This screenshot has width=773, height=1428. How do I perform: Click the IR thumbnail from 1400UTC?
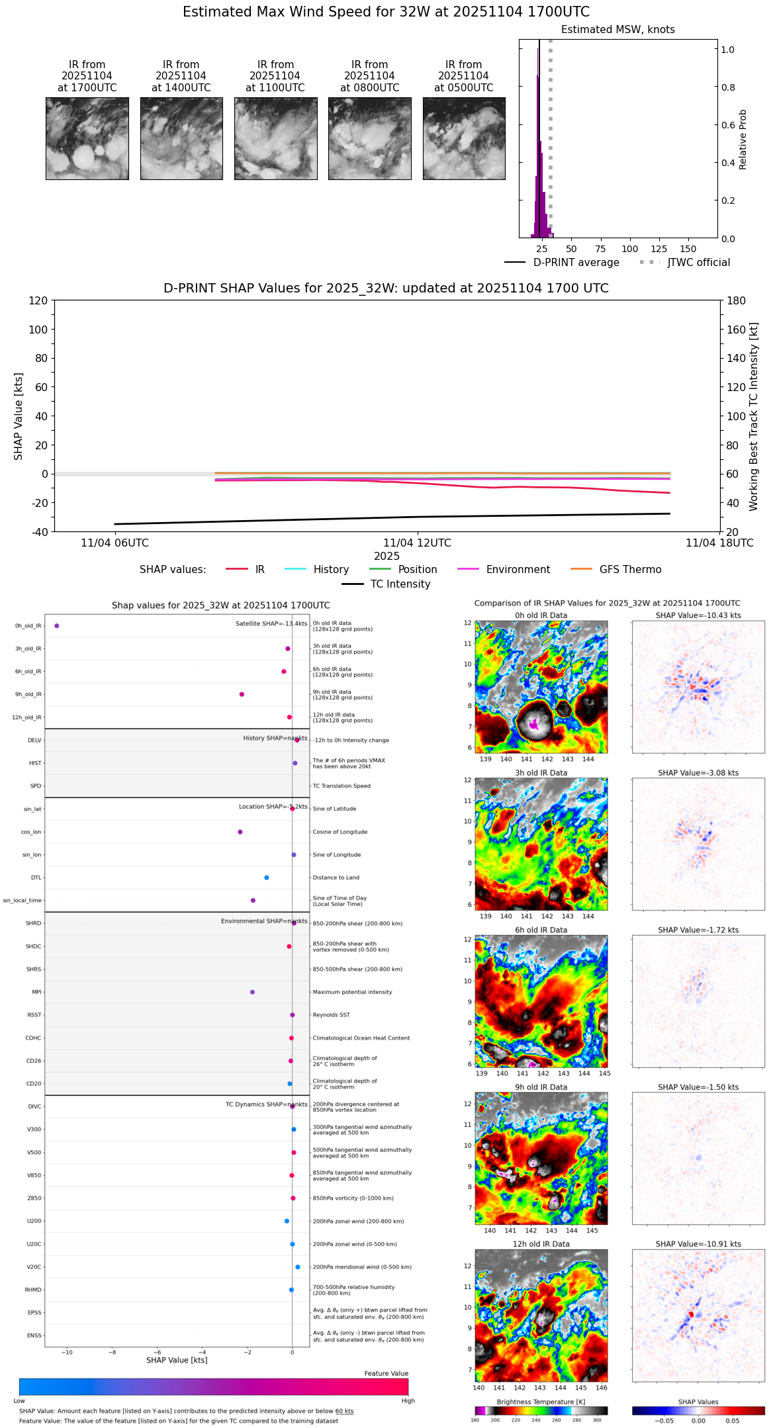(x=181, y=138)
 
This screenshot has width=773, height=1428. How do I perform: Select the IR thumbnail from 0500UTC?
(x=464, y=138)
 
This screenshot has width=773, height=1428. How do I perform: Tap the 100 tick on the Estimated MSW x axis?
(x=629, y=249)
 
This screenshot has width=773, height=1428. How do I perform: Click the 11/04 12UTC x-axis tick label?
(x=417, y=543)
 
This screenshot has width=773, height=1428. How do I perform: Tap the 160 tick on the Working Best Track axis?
(x=736, y=330)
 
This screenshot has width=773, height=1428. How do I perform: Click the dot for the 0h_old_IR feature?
(x=57, y=625)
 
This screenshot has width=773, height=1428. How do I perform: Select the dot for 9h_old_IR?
(x=242, y=694)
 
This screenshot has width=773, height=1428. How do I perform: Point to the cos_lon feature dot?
(x=240, y=832)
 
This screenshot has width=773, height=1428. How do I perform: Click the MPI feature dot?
(x=252, y=992)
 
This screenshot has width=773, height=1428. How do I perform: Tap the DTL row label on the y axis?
(x=36, y=877)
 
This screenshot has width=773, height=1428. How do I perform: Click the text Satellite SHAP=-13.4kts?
(x=271, y=623)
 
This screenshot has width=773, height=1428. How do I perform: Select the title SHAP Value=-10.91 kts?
(x=698, y=1244)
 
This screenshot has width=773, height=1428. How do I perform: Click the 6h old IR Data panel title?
(x=541, y=930)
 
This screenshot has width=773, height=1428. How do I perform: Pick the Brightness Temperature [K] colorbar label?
(x=541, y=1402)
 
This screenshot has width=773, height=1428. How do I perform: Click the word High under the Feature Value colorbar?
(x=408, y=1400)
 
